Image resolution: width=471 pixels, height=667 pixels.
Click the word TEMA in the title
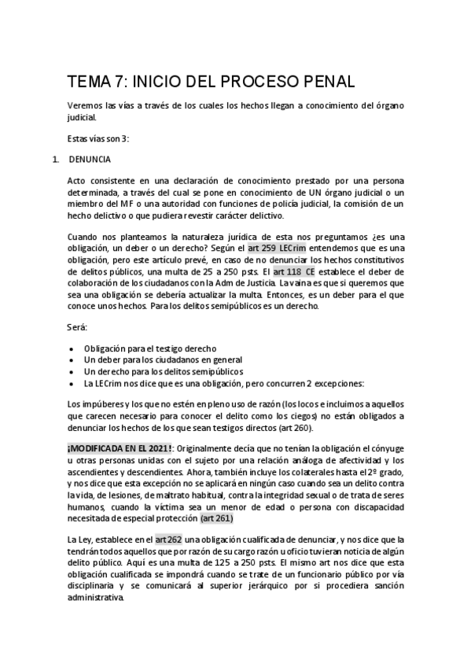[x=93, y=82]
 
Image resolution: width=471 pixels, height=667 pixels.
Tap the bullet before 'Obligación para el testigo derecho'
[x=73, y=348]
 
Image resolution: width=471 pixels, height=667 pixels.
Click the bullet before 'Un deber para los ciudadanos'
[x=73, y=360]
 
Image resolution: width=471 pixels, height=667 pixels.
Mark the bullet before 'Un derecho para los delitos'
[x=73, y=371]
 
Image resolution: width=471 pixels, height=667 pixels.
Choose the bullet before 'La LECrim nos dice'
[x=73, y=383]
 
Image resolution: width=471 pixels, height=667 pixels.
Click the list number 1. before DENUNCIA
[x=55, y=159]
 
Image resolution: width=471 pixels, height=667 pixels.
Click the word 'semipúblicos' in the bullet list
[x=216, y=371]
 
